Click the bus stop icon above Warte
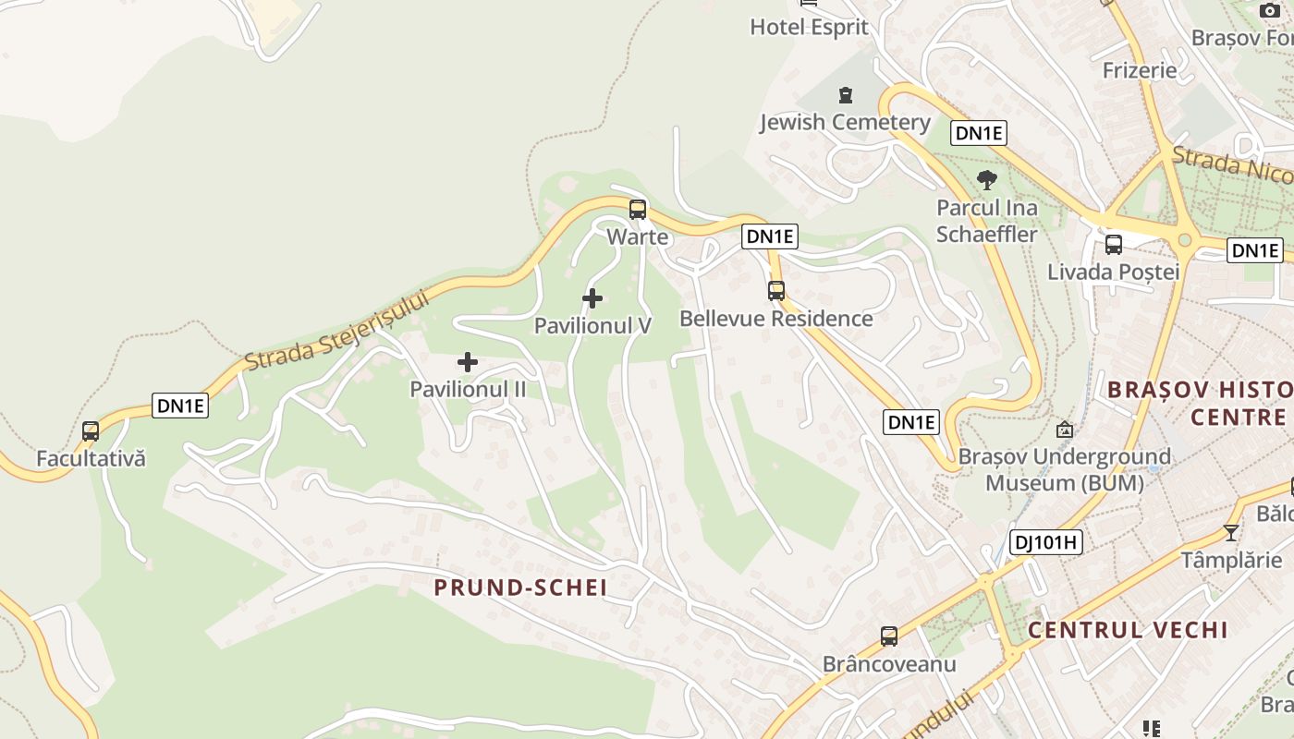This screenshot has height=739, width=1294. (638, 209)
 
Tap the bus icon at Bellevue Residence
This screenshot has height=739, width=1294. (776, 291)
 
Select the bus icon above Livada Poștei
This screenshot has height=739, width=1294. (1114, 245)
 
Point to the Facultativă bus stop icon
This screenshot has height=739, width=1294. (91, 430)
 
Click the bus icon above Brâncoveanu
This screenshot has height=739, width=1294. (888, 636)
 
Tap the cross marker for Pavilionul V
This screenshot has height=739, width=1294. (592, 298)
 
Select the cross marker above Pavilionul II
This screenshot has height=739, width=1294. (468, 362)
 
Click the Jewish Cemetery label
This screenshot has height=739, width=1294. (845, 122)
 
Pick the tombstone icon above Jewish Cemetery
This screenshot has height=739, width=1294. (845, 94)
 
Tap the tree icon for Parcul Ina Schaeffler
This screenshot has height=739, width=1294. (987, 179)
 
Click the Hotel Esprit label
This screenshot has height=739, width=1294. (809, 27)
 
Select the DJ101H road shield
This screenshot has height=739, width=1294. (1045, 542)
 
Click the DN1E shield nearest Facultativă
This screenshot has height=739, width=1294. (180, 406)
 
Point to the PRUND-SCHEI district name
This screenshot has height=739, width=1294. (520, 588)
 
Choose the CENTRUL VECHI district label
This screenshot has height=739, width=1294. (1128, 630)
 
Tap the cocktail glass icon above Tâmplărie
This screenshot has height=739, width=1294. (1231, 532)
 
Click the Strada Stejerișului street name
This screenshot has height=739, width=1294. (339, 331)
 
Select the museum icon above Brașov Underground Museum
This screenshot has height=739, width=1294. (1065, 430)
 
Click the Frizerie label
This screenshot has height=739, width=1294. (1140, 70)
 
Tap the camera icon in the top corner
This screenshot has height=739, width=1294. (1270, 10)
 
